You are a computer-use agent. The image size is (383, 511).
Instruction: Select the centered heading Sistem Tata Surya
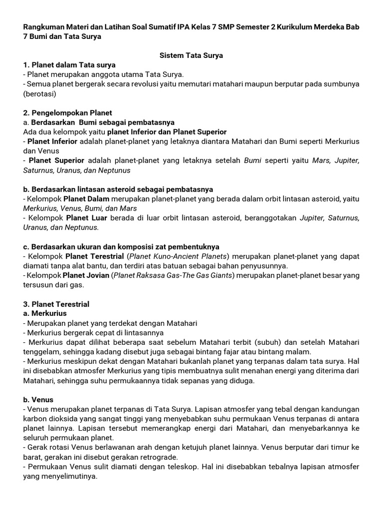click(191, 55)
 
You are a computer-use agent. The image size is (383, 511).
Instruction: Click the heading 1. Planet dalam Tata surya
click(69, 65)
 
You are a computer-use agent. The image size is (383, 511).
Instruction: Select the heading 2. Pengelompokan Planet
click(68, 113)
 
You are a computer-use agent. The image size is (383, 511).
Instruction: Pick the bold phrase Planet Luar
click(85, 218)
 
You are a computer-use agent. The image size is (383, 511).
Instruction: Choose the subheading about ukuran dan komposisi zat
click(121, 247)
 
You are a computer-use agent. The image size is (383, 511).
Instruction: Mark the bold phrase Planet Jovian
click(86, 275)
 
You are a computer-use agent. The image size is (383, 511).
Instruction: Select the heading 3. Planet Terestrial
click(56, 304)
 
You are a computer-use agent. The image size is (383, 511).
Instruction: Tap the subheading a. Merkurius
click(45, 313)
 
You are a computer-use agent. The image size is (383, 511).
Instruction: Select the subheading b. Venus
click(38, 400)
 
